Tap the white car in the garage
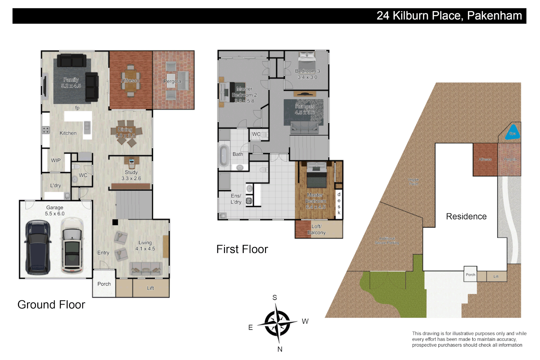(x=72, y=245)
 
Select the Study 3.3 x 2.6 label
(x=131, y=175)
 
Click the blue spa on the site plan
(x=512, y=133)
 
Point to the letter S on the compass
(x=275, y=298)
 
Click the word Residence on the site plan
(x=466, y=217)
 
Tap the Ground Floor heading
(x=51, y=305)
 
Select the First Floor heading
(x=242, y=249)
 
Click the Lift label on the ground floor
(x=150, y=288)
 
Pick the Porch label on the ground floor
(x=104, y=284)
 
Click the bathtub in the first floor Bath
(x=224, y=156)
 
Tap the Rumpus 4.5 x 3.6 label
(x=305, y=109)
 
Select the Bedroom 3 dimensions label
(x=307, y=77)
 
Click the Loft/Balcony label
(x=316, y=230)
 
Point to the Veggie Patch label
(x=413, y=182)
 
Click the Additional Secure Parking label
(x=387, y=241)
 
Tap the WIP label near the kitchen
(x=56, y=160)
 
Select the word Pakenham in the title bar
(x=494, y=16)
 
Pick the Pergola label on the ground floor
(x=172, y=81)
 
